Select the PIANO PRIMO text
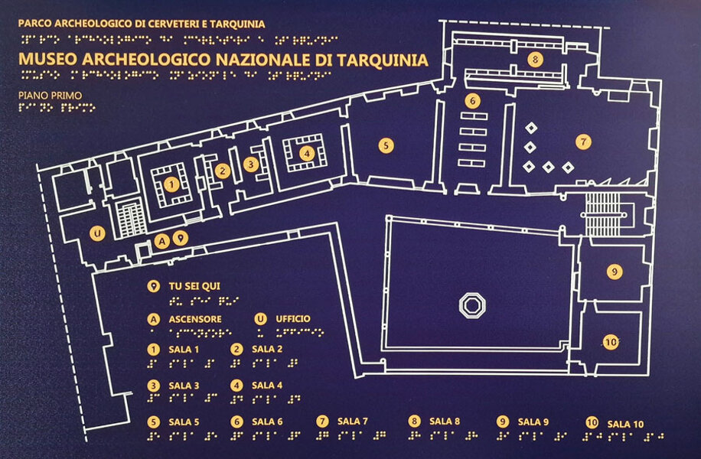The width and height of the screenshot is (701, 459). tap(49, 96)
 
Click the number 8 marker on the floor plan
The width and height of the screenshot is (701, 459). tap(534, 59)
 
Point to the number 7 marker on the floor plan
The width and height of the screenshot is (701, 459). tap(583, 142)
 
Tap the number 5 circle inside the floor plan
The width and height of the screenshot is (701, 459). tap(386, 144)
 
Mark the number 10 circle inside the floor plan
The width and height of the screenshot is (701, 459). tap(611, 343)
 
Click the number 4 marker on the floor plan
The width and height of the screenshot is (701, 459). tap(307, 153)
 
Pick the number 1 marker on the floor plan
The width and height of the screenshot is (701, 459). tap(171, 184)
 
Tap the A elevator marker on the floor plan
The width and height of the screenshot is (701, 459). tap(161, 241)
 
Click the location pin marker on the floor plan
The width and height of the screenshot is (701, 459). tap(180, 238)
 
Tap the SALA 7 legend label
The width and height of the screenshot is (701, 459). tap(353, 421)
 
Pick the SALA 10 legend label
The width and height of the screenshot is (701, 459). tap(626, 423)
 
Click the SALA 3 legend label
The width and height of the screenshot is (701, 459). tap(184, 386)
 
